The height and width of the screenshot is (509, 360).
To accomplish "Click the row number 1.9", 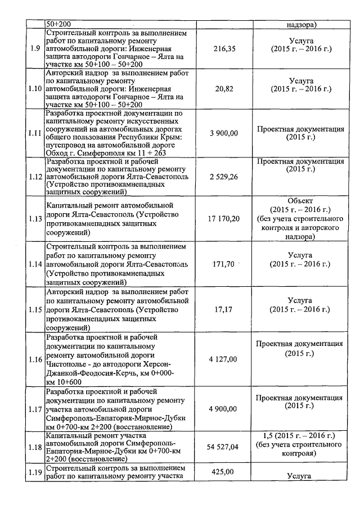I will pyautogui.click(x=35, y=49).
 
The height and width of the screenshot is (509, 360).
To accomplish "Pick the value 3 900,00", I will pyautogui.click(x=224, y=133).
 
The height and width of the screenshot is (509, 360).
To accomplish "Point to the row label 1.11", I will pyautogui.click(x=35, y=133).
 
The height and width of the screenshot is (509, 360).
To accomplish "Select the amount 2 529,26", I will pyautogui.click(x=224, y=176).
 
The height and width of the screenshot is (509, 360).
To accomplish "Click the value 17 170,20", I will pyautogui.click(x=224, y=218).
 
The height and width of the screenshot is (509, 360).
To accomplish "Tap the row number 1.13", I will pyautogui.click(x=35, y=218).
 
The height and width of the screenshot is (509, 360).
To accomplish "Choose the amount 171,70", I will pyautogui.click(x=222, y=264).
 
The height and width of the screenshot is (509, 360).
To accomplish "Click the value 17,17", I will pyautogui.click(x=224, y=309).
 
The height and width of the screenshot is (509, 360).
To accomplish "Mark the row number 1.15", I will pyautogui.click(x=35, y=309).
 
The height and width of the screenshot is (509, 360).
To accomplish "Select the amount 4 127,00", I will pyautogui.click(x=224, y=358).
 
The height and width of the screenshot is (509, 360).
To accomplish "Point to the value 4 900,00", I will pyautogui.click(x=224, y=408).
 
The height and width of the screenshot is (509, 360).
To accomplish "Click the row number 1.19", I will pyautogui.click(x=35, y=472).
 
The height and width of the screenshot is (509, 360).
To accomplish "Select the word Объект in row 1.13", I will pyautogui.click(x=299, y=200).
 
